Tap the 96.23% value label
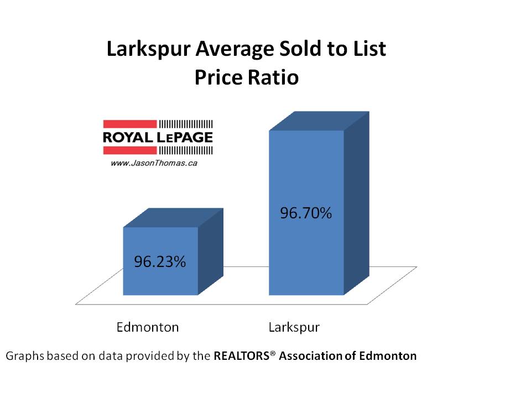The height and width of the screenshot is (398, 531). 160,261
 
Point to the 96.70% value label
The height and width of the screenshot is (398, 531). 306,213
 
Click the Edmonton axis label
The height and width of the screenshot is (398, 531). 148,327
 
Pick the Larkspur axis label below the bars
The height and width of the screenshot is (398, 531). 294,327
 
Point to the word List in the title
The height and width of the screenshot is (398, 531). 369,50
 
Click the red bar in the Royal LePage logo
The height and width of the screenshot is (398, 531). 129,125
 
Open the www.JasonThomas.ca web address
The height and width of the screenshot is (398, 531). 147,163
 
